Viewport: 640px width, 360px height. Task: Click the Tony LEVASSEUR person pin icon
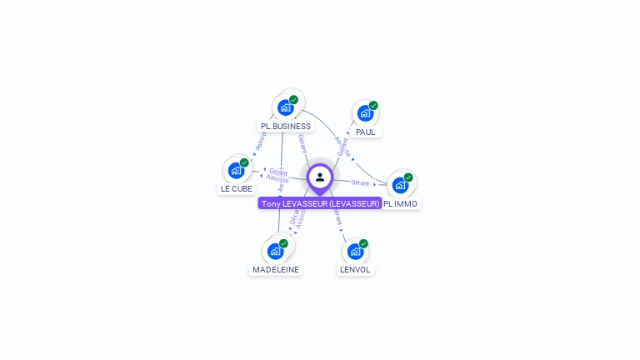[x=320, y=177]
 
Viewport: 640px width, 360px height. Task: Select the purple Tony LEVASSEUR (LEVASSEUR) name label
[x=320, y=203]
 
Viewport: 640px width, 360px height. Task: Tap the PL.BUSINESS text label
[x=286, y=127]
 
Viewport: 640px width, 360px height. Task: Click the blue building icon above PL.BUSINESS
[x=285, y=107]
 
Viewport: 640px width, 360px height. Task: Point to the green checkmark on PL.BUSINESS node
[x=293, y=100]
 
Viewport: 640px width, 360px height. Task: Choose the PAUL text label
[x=365, y=132]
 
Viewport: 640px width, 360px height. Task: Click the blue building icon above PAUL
[x=365, y=113]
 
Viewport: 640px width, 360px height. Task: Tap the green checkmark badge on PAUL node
[x=373, y=106]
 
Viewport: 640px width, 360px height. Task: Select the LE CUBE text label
[x=236, y=189]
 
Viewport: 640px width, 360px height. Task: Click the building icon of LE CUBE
[x=236, y=170]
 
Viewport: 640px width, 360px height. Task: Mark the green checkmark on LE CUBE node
[x=244, y=162]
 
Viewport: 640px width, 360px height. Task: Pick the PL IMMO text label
[x=401, y=203]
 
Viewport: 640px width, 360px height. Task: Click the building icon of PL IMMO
[x=400, y=184]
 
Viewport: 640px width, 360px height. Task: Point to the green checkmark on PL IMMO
[x=408, y=177]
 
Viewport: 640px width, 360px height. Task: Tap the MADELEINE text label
[x=276, y=270]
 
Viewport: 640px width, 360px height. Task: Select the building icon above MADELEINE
[x=275, y=251]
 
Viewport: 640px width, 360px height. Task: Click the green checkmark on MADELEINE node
[x=283, y=243]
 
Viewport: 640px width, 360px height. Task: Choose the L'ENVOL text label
[x=356, y=270]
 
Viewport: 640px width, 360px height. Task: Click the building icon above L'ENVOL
[x=355, y=251]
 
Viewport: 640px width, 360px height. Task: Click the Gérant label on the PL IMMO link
[x=360, y=182]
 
